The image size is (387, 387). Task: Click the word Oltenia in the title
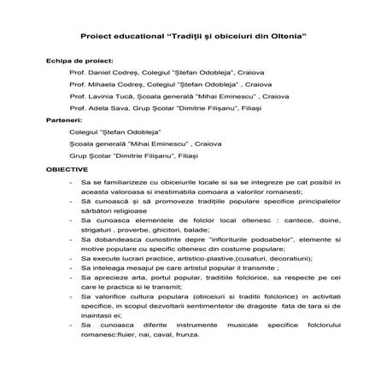[x=287, y=38]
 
